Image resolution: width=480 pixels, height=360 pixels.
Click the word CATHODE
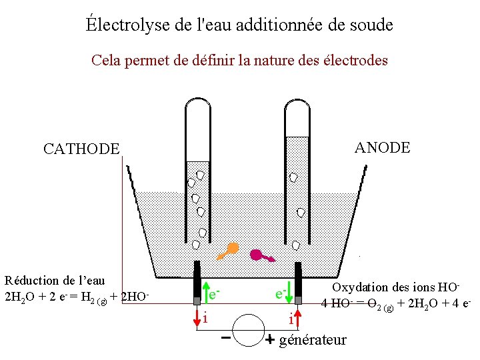pyautogui.click(x=81, y=149)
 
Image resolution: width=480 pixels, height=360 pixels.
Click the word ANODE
pyautogui.click(x=383, y=147)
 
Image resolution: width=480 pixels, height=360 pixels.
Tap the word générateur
pyautogui.click(x=313, y=340)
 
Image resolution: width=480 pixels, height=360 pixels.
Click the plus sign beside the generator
pyautogui.click(x=270, y=340)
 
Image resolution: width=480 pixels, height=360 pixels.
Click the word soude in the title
pyautogui.click(x=371, y=25)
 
